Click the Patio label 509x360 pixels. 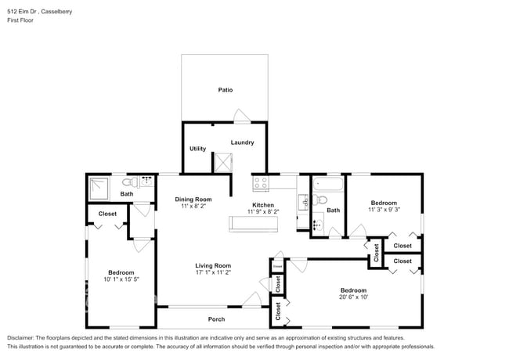225,90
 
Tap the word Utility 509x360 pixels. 197,149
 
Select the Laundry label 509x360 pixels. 242,142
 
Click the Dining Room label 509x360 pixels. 193,200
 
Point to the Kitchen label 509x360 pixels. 262,205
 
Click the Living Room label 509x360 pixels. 213,266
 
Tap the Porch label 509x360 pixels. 216,319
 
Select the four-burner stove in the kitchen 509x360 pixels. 261,184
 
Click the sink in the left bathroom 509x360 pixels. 146,179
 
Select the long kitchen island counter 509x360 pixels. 253,225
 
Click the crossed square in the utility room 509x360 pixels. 223,162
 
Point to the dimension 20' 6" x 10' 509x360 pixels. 353,297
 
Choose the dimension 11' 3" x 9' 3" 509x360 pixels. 384,210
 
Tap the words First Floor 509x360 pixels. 23,21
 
